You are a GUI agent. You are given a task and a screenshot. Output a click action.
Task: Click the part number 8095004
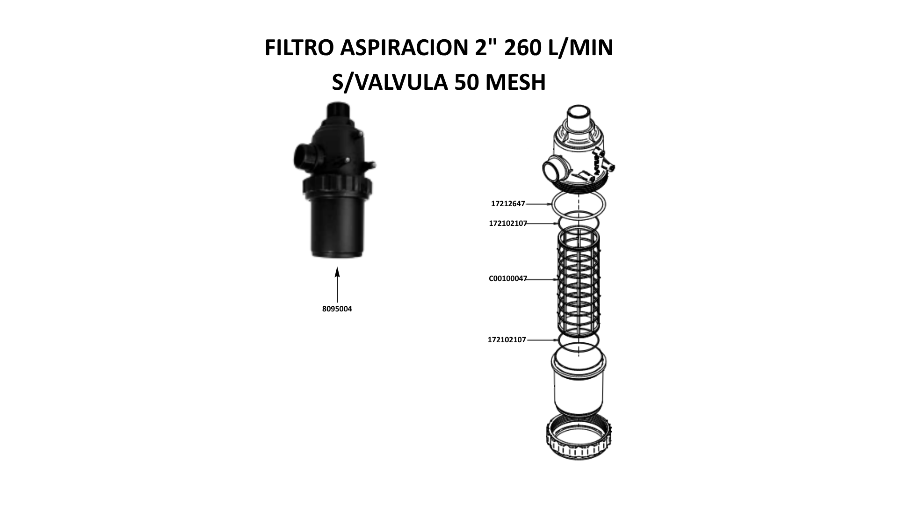337,309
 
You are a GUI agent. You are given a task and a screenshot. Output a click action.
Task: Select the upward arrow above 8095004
337,285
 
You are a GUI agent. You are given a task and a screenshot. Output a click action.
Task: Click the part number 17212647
508,204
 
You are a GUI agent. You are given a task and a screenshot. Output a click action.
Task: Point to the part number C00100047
508,279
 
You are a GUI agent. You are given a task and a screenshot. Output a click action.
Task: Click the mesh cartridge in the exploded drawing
579,280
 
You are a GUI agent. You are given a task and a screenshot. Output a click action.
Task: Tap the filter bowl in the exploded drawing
579,383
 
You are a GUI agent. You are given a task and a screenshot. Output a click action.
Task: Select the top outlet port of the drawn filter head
579,115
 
